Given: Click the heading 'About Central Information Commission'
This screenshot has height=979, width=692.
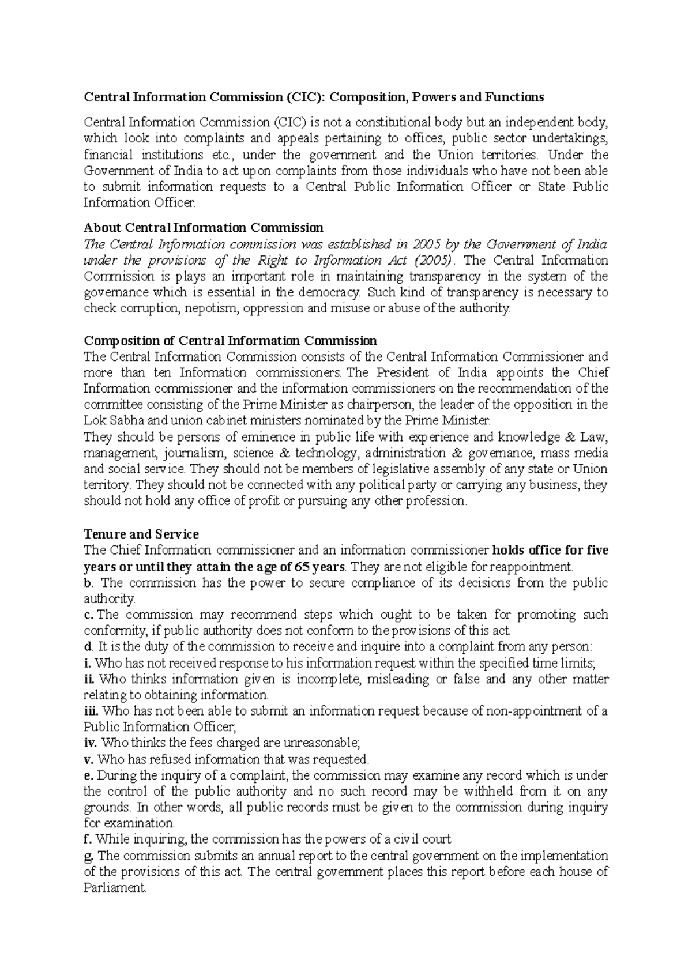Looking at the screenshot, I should (204, 227).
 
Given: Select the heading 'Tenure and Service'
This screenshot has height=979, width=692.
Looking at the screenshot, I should (141, 534).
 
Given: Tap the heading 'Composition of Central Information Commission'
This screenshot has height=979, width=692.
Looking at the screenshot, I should (230, 341).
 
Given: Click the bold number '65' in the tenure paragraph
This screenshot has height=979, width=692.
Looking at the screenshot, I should (302, 566).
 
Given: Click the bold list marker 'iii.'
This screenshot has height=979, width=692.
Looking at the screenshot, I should (91, 711).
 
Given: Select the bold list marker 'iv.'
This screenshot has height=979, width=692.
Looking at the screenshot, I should (91, 743).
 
